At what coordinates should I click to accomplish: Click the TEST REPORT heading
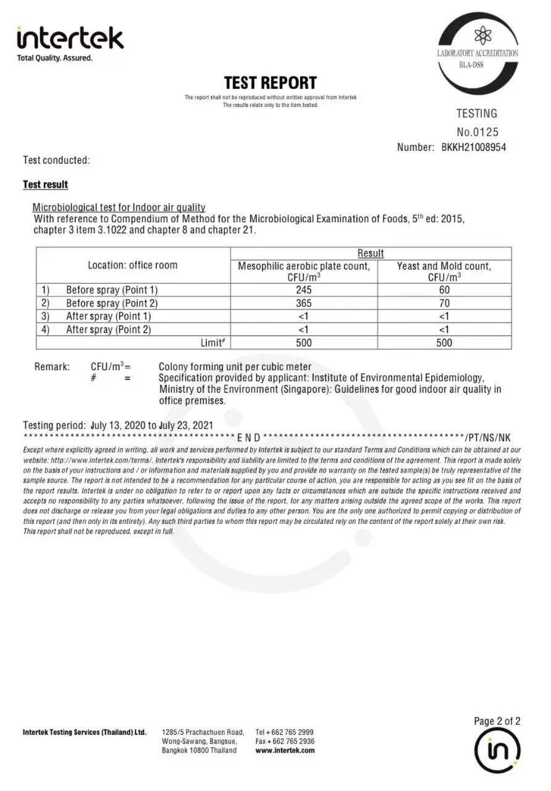pyautogui.click(x=270, y=83)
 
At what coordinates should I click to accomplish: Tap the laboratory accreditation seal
pyautogui.click(x=477, y=54)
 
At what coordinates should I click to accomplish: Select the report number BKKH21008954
pyautogui.click(x=474, y=147)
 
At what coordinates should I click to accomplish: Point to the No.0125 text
pyautogui.click(x=477, y=132)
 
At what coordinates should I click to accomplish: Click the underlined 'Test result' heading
pyautogui.click(x=46, y=185)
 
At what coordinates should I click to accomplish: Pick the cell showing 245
pyautogui.click(x=304, y=290)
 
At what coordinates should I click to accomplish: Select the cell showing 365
pyautogui.click(x=304, y=303)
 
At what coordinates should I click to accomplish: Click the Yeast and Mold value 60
pyautogui.click(x=444, y=290)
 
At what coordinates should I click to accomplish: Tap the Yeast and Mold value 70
pyautogui.click(x=444, y=303)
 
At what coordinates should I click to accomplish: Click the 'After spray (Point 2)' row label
pyautogui.click(x=108, y=329)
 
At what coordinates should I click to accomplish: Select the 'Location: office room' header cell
pyautogui.click(x=132, y=265)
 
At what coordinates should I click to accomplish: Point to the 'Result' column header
pyautogui.click(x=371, y=253)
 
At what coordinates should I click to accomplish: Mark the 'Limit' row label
pyautogui.click(x=211, y=342)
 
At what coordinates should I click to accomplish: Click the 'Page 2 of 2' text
pyautogui.click(x=497, y=721)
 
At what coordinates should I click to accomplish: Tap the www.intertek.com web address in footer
pyautogui.click(x=285, y=750)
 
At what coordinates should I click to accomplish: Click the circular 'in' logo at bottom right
pyautogui.click(x=497, y=750)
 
